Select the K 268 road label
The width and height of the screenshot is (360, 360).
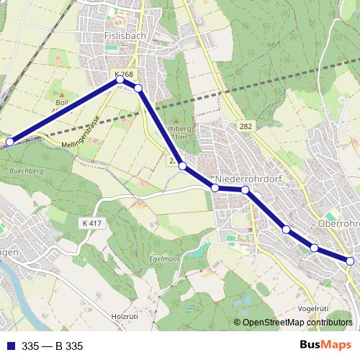tap(123, 74)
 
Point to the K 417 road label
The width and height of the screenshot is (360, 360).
tap(93, 224)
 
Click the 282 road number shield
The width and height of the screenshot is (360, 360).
tap(246, 126)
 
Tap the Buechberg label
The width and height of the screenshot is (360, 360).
tap(27, 172)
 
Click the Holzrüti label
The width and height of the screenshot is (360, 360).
tap(124, 316)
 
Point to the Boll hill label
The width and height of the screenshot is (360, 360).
tap(60, 103)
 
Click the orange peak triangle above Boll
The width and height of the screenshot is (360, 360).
tap(61, 94)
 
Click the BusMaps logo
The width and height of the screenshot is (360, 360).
tap(325, 345)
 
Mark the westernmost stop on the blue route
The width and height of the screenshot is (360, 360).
tap(10, 142)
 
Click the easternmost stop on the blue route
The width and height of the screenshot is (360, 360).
tap(351, 261)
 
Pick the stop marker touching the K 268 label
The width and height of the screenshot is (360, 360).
tap(121, 80)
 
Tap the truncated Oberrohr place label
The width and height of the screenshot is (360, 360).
tap(338, 224)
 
